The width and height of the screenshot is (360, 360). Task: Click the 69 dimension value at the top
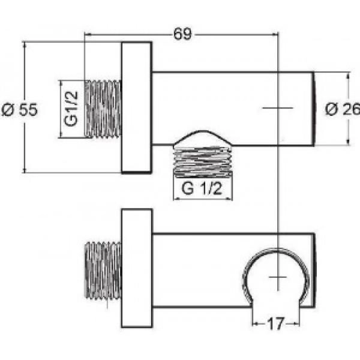[183, 34]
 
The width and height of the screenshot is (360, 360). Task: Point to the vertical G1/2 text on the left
[71, 109]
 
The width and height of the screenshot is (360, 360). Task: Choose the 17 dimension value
[275, 323]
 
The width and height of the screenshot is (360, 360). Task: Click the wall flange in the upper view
[136, 108]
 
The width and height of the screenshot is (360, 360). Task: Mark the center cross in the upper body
[278, 108]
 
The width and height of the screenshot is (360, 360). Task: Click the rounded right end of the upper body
[313, 108]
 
